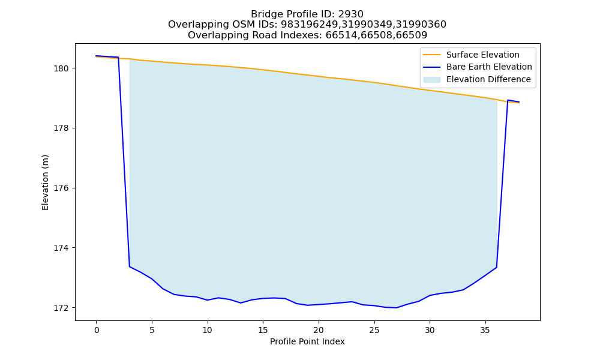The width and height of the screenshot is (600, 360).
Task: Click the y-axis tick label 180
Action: coord(61,68)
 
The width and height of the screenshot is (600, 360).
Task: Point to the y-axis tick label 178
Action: coord(61,128)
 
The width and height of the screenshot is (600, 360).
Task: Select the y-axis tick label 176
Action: coord(61,188)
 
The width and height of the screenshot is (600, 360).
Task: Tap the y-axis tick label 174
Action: coord(61,248)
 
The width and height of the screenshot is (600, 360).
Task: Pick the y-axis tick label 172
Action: coord(61,308)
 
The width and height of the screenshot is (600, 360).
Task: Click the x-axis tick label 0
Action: coord(97,330)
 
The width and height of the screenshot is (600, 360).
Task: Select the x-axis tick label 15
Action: coord(263,330)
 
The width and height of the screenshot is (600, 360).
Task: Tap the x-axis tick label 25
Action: coord(374,330)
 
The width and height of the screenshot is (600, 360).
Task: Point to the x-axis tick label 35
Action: coord(485,330)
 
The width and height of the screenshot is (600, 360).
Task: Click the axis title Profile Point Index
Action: coord(307,341)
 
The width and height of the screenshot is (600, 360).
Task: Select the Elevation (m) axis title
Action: coord(45,182)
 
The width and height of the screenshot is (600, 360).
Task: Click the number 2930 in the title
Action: coord(351,14)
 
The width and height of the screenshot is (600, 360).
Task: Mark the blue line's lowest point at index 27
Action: coord(397,308)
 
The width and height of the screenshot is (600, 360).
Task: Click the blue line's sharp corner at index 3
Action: coord(130,266)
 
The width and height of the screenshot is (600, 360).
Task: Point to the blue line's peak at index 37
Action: coord(508,100)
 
